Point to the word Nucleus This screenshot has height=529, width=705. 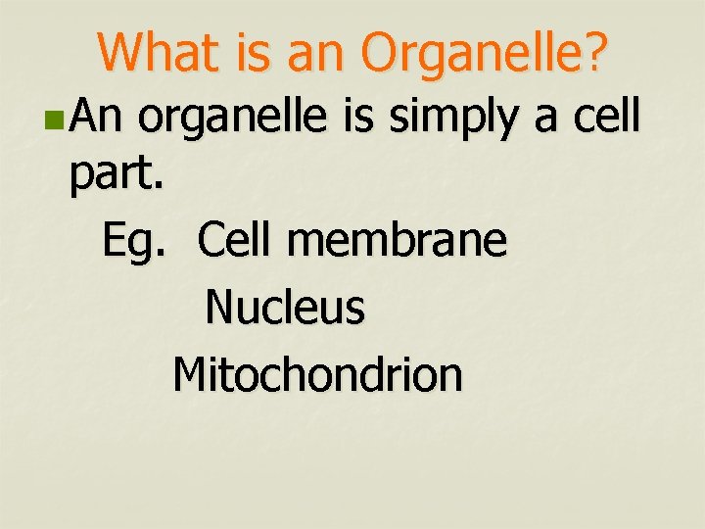click(285, 308)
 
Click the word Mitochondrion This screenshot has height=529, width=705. click(317, 373)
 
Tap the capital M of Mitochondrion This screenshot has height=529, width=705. click(190, 373)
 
